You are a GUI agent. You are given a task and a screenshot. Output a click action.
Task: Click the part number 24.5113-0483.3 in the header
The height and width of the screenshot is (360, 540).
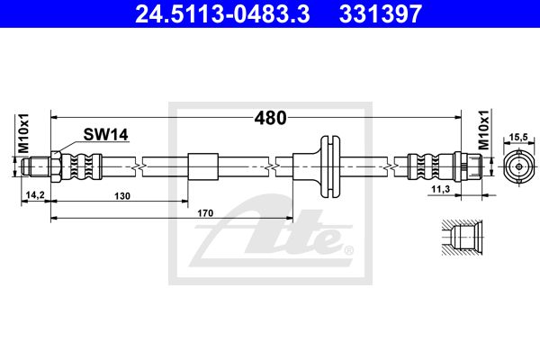pos(222,13)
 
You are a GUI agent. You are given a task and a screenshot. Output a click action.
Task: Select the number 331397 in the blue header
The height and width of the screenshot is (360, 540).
pos(381,13)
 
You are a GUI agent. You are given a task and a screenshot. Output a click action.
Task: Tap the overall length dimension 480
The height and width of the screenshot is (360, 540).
pos(270,118)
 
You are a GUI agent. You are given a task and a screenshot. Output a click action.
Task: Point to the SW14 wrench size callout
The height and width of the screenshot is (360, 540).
pos(105,134)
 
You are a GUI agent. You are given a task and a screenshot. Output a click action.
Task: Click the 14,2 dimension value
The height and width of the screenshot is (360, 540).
pos(35,195)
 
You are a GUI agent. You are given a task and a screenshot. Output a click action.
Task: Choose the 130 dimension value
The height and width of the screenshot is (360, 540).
pos(122,196)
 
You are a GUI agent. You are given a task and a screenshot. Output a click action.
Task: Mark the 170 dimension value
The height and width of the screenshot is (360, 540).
pos(205,213)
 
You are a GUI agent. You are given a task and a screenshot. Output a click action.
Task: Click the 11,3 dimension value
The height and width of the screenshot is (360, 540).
pos(441,189)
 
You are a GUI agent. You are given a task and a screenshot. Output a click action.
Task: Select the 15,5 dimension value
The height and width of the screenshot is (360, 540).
pos(518,137)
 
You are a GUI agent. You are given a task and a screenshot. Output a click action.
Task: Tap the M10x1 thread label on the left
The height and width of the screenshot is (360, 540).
pos(24,133)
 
